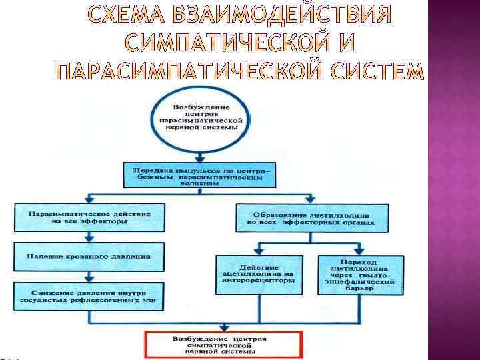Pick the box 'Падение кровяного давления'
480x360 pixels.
point(89,255)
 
